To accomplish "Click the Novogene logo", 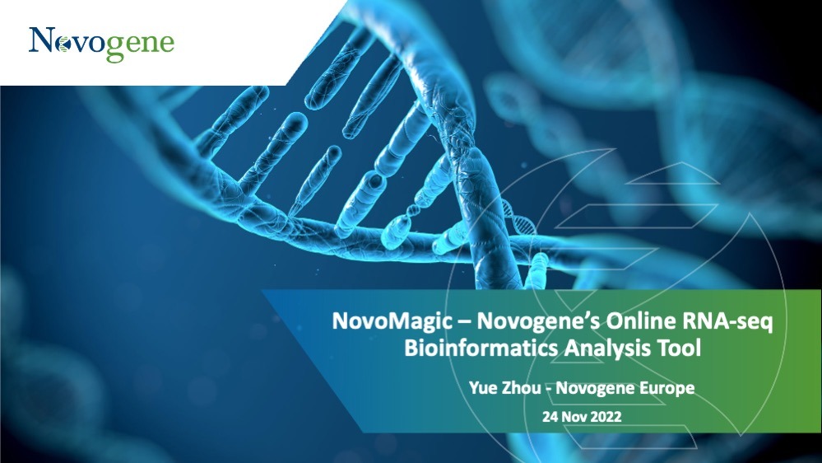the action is click(101, 44).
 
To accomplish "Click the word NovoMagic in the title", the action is click(392, 321).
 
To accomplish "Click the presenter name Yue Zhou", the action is click(505, 388).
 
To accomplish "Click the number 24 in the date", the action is click(550, 417).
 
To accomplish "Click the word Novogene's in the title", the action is click(538, 321).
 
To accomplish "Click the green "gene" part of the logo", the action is click(141, 46).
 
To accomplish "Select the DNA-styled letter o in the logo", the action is click(63, 44).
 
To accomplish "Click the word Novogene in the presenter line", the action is click(596, 389).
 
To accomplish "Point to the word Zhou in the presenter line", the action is click(522, 388).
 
